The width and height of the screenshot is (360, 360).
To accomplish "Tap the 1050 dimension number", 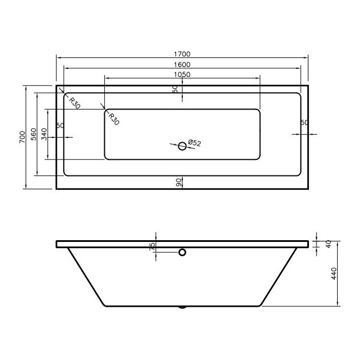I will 182,75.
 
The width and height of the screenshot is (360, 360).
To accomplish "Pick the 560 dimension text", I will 34,135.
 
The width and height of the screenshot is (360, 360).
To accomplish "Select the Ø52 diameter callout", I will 194,143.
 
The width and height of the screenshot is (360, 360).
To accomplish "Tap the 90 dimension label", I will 178,182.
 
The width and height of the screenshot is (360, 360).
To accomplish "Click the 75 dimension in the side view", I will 152,246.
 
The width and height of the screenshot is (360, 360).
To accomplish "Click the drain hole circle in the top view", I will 182,146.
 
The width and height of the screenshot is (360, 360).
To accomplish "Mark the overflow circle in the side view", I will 182,252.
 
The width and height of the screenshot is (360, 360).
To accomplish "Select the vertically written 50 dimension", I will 175,89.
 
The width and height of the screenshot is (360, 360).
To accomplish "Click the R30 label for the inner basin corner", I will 113,119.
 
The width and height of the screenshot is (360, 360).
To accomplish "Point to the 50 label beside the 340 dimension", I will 60,126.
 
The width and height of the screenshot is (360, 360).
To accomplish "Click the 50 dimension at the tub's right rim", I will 304,123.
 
